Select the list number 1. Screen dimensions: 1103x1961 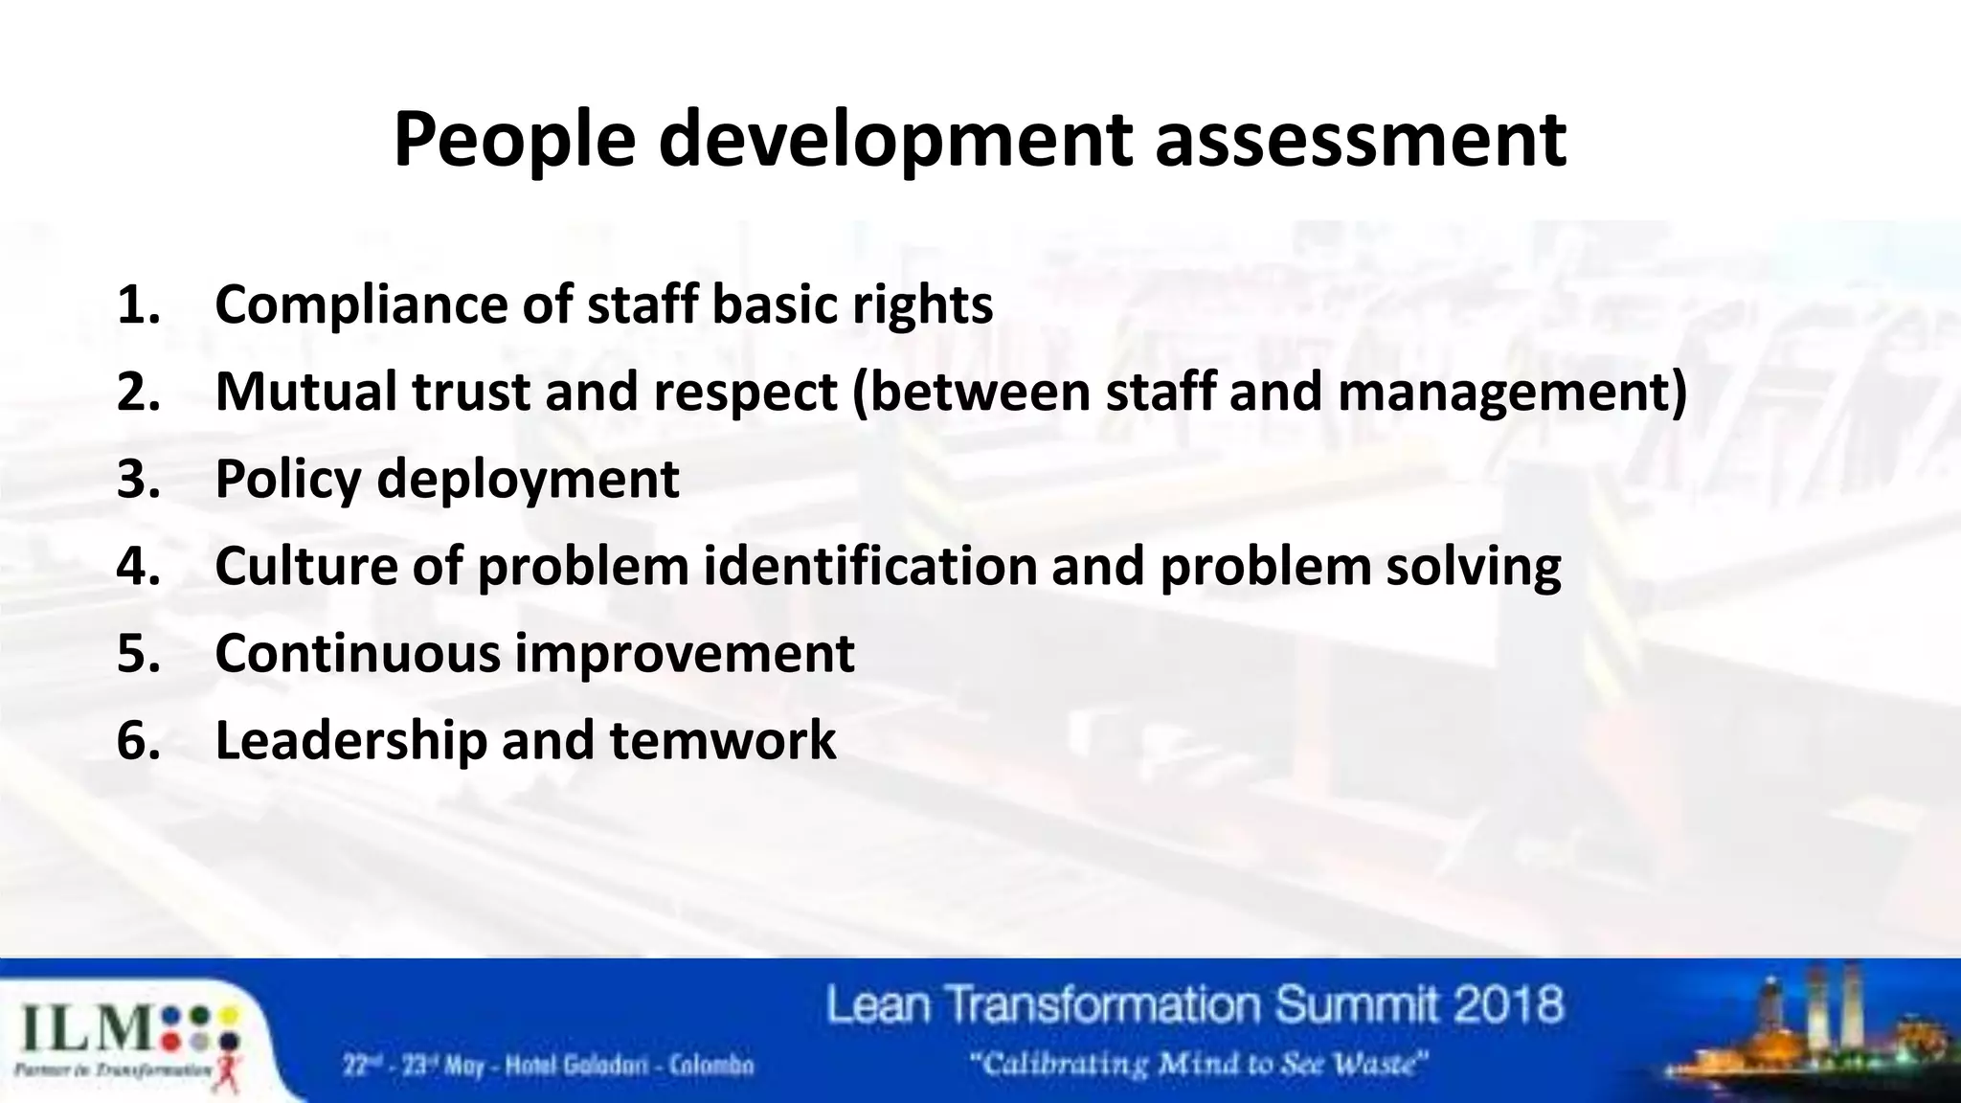pos(138,305)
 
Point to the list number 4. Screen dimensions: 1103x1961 pos(138,566)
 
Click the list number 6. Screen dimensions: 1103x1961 pos(138,741)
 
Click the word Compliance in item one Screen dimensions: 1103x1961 pos(360,305)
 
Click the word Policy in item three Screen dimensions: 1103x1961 pos(287,480)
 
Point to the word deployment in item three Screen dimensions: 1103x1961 pos(528,480)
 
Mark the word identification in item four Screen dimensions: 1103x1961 pos(870,566)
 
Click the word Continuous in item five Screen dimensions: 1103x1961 pos(357,654)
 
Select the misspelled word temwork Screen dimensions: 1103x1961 pos(722,741)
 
